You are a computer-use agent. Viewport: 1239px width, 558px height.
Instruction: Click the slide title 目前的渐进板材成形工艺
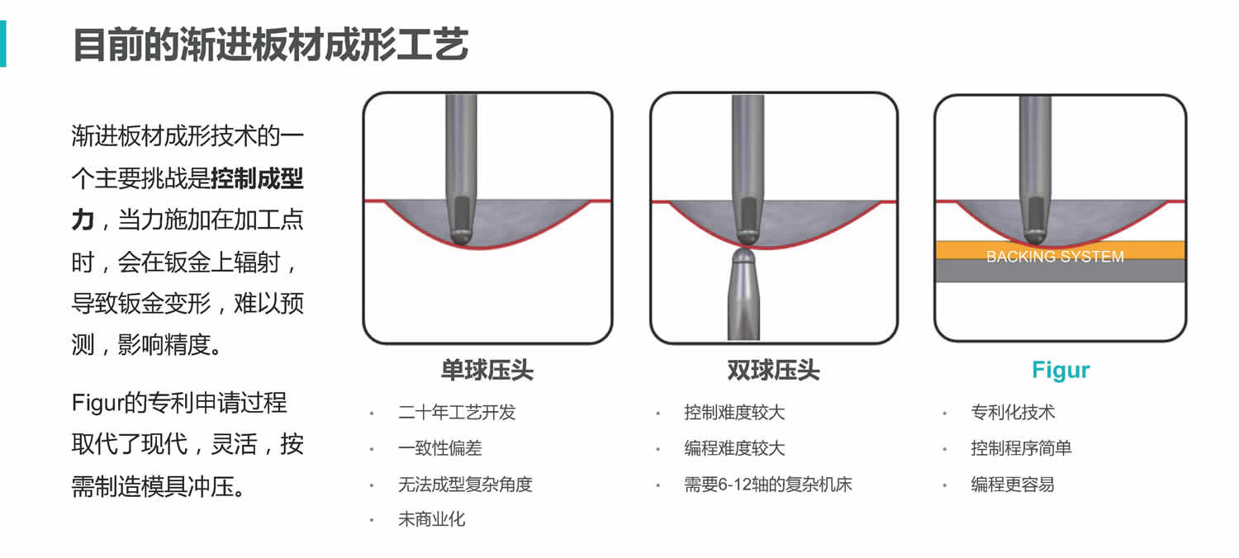(x=271, y=45)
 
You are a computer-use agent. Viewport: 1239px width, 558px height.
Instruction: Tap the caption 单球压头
(x=487, y=370)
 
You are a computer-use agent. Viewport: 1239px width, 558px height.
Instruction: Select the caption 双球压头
(x=773, y=370)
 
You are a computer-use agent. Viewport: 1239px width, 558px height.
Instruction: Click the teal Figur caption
(x=1061, y=370)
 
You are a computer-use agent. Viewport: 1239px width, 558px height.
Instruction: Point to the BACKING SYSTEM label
(x=1055, y=257)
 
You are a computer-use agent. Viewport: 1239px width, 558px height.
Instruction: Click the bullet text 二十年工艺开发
(x=457, y=412)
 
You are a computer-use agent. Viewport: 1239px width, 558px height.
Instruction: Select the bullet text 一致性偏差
(x=439, y=448)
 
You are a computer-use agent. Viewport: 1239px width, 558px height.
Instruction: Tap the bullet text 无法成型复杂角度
(x=465, y=485)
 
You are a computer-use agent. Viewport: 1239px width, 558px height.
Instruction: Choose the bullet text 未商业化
(x=431, y=519)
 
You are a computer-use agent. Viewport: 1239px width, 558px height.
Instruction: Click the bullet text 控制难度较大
(x=734, y=412)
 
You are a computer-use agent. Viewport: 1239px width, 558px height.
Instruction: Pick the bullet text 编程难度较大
(x=734, y=448)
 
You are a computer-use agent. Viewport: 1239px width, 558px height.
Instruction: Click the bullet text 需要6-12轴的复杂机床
(x=767, y=485)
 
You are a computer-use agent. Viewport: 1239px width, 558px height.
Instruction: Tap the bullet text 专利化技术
(x=1013, y=412)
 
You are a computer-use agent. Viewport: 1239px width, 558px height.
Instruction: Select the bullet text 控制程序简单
(x=1021, y=448)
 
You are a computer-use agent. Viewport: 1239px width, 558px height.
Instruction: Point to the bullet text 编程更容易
(x=1013, y=485)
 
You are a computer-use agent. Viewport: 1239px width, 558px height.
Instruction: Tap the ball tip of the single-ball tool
(x=461, y=236)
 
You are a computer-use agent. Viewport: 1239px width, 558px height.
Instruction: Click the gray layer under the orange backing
(x=1061, y=271)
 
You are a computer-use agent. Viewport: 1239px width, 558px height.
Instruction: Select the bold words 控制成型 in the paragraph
(x=257, y=178)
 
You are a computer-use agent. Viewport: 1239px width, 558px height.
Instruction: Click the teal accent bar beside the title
(x=2, y=44)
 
